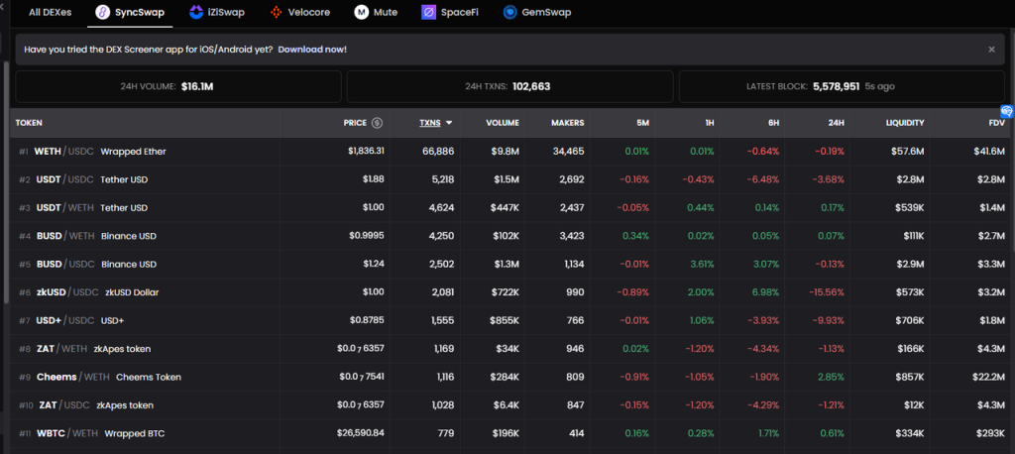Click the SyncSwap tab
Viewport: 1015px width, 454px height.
coord(129,13)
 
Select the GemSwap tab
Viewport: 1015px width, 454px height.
coord(536,13)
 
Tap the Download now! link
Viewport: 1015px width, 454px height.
coord(312,49)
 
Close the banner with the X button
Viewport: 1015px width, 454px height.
coord(991,49)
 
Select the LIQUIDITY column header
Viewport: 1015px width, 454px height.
coord(904,123)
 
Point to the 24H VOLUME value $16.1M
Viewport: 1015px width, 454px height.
coord(197,86)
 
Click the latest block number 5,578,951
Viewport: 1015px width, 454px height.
coord(836,86)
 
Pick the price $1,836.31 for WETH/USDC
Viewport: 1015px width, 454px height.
coord(366,152)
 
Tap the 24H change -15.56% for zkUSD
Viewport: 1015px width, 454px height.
coord(824,292)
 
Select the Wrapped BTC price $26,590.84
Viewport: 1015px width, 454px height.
coord(358,433)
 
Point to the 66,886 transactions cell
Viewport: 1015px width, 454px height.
coord(437,152)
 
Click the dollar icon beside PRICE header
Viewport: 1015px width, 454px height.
coord(377,123)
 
